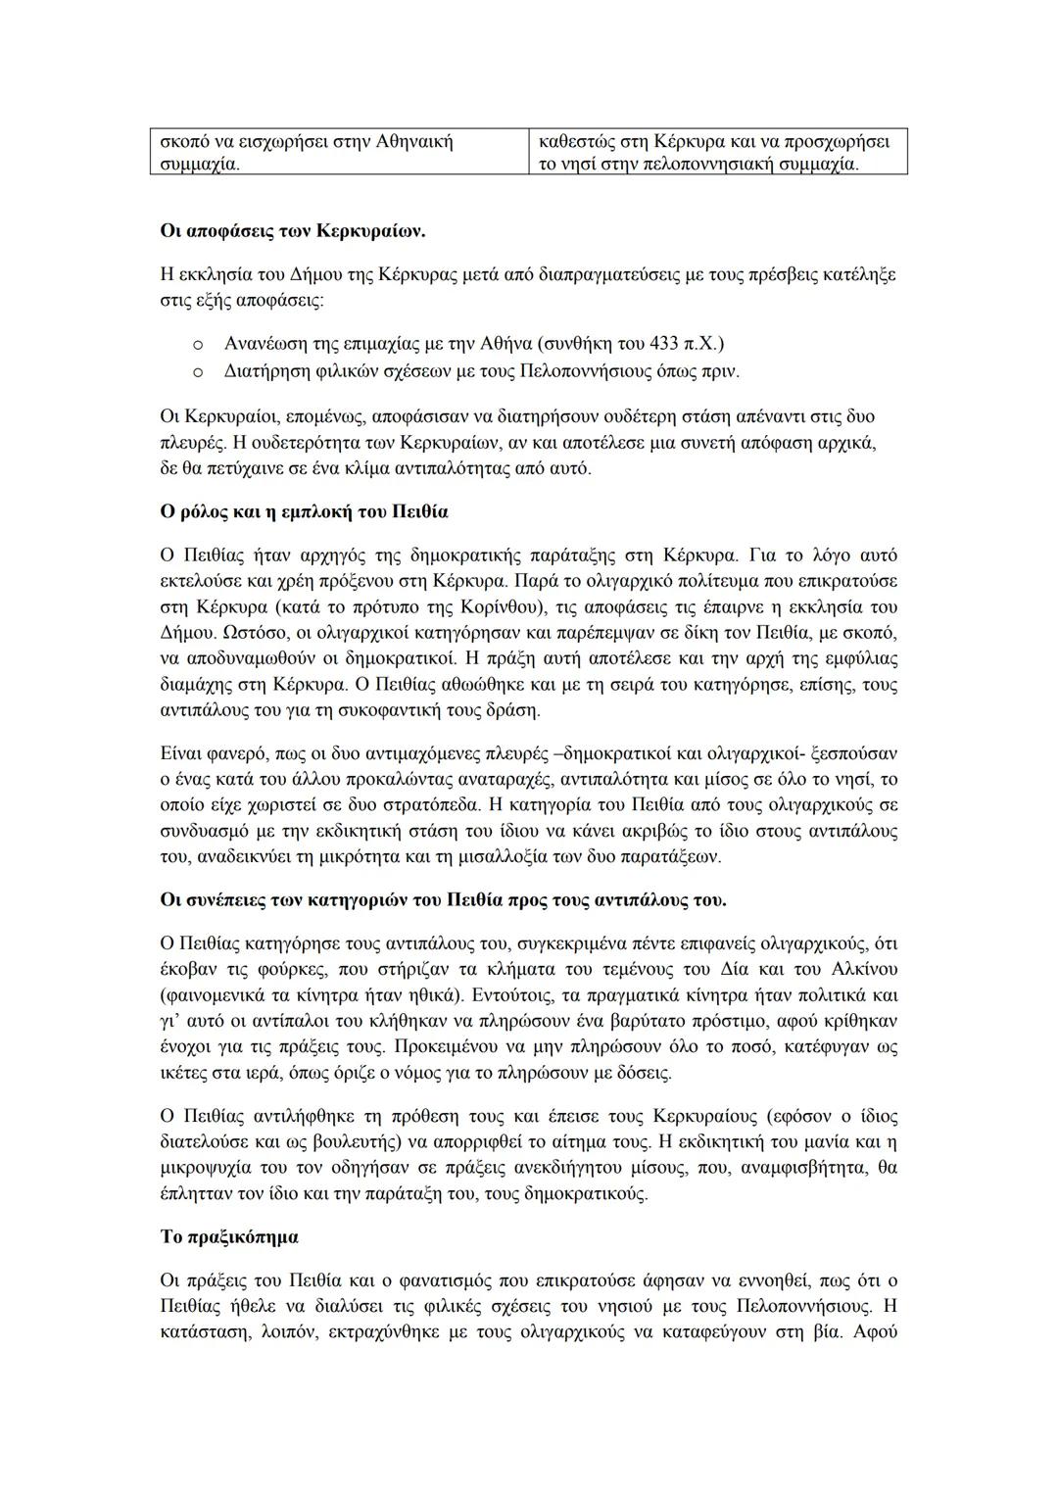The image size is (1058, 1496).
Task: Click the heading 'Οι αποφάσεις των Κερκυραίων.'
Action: tap(292, 232)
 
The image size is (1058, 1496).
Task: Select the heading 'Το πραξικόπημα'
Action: tap(229, 1236)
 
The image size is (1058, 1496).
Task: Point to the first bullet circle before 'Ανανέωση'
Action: tap(198, 345)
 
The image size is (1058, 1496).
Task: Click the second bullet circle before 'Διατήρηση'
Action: tap(198, 372)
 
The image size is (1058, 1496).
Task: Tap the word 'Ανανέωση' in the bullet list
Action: tap(264, 344)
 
